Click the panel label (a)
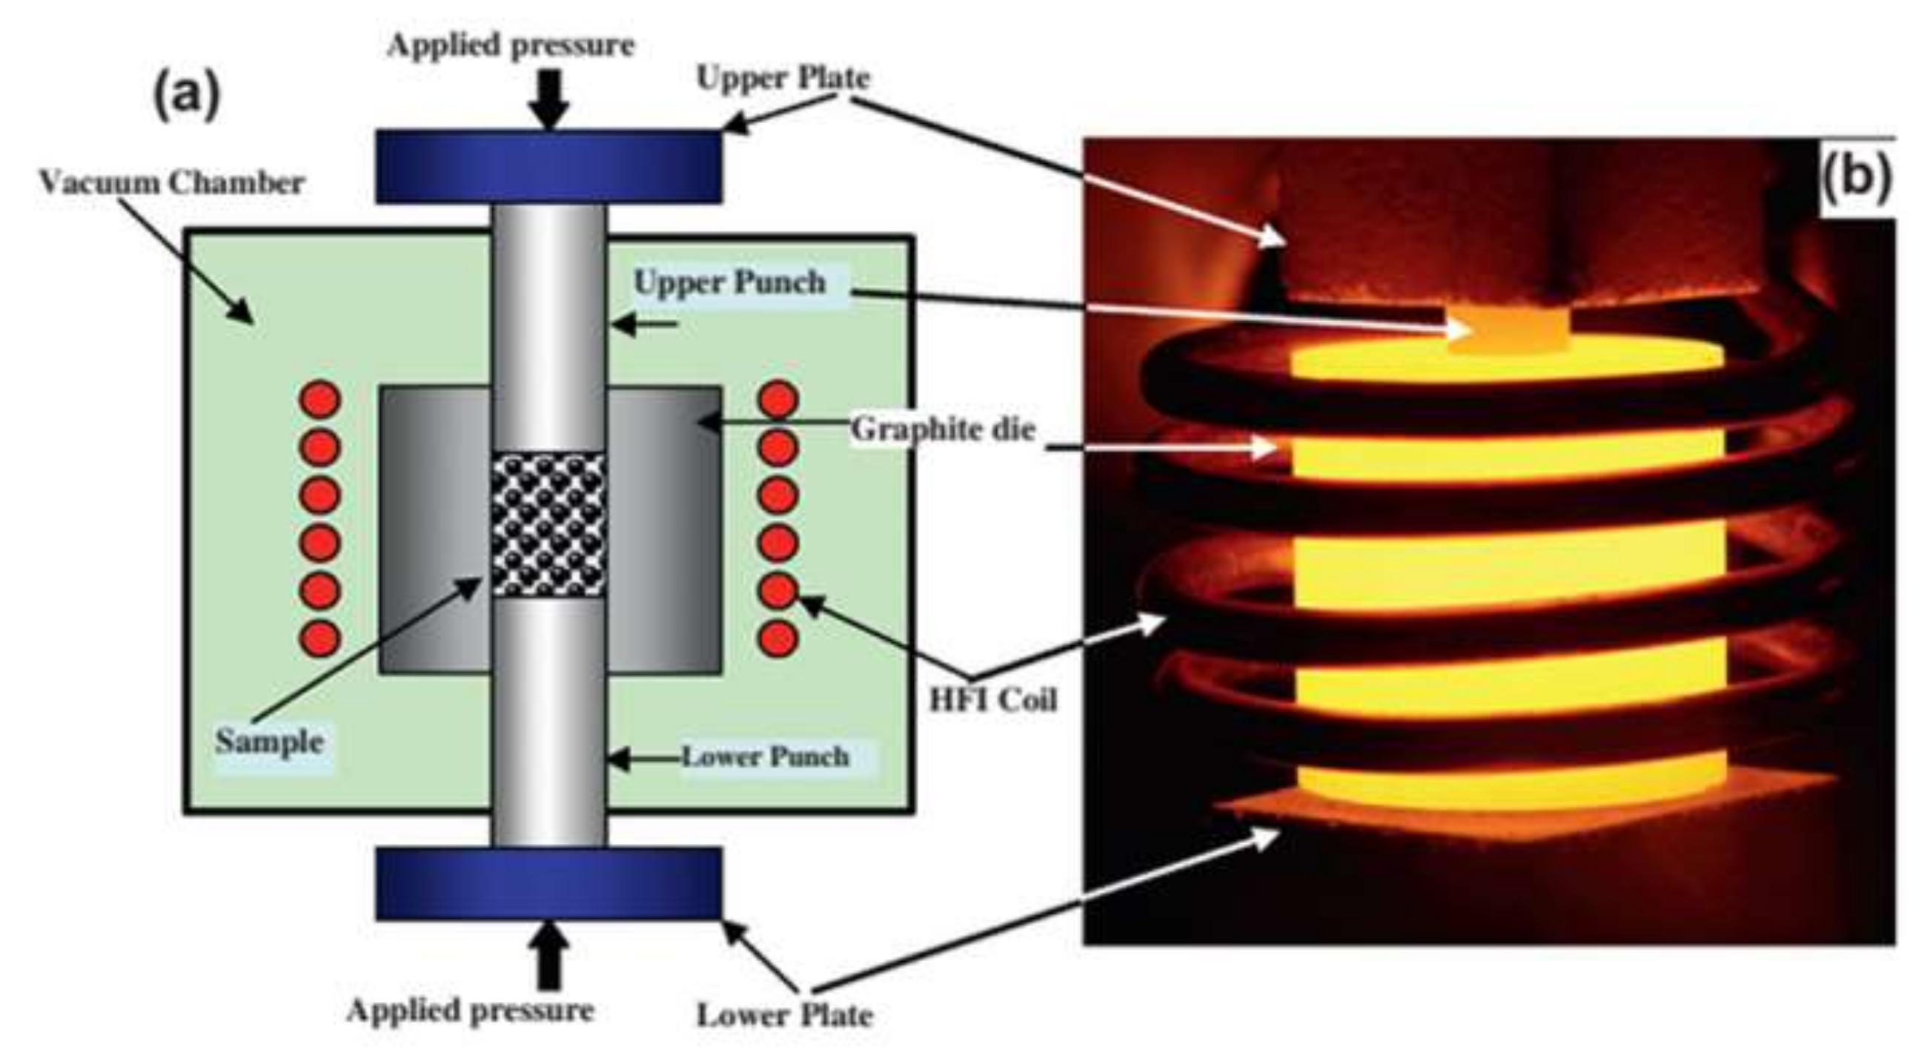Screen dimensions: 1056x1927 click(x=187, y=97)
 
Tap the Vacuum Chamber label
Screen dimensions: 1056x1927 click(x=172, y=182)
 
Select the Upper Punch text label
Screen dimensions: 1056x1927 click(x=729, y=283)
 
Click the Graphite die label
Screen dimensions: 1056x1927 click(x=943, y=429)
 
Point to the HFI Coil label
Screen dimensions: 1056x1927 click(x=992, y=700)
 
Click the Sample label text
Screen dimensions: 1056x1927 click(x=270, y=742)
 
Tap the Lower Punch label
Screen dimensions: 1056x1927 click(x=766, y=756)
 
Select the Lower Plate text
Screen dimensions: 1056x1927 click(x=785, y=1016)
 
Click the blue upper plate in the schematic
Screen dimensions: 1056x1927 click(x=548, y=166)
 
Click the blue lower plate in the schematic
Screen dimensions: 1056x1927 click(x=548, y=883)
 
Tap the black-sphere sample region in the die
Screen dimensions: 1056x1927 click(x=548, y=524)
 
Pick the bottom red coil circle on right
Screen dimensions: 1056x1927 click(x=778, y=638)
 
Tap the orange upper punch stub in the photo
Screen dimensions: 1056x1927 click(x=1508, y=329)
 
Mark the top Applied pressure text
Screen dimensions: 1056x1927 click(x=511, y=45)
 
